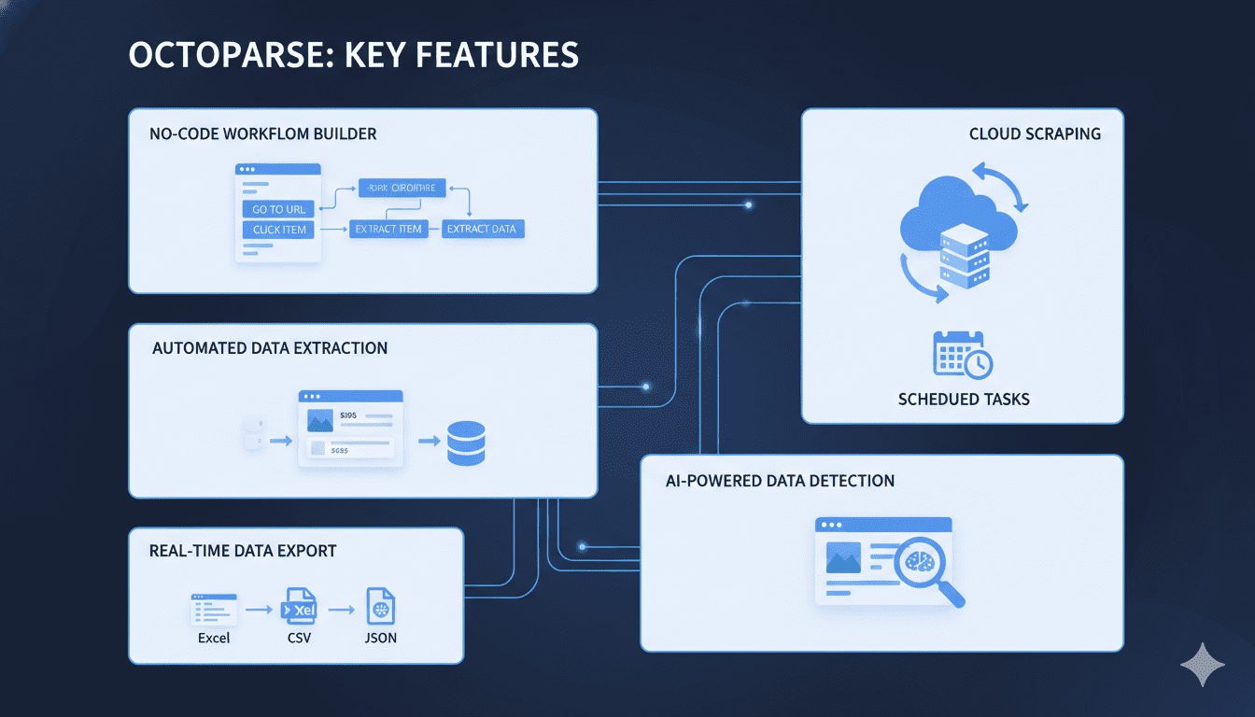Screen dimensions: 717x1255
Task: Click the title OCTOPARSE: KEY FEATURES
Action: (353, 55)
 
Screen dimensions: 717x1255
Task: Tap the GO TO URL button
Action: (279, 209)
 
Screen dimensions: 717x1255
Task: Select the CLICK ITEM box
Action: (279, 230)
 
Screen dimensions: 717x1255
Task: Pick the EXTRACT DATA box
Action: (482, 229)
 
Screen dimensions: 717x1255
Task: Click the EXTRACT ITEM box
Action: (388, 229)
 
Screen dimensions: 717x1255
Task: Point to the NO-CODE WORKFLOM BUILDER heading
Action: (263, 134)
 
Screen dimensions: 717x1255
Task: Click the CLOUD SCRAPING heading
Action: (1035, 134)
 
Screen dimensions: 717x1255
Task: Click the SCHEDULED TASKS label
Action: (964, 400)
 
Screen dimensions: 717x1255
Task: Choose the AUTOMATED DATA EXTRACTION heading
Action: (270, 348)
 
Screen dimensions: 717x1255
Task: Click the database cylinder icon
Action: (466, 443)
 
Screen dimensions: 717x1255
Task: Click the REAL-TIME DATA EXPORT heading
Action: (243, 551)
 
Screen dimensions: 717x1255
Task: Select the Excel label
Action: (214, 639)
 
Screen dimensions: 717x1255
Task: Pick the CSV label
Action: (299, 639)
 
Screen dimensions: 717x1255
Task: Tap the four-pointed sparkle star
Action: (1203, 664)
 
